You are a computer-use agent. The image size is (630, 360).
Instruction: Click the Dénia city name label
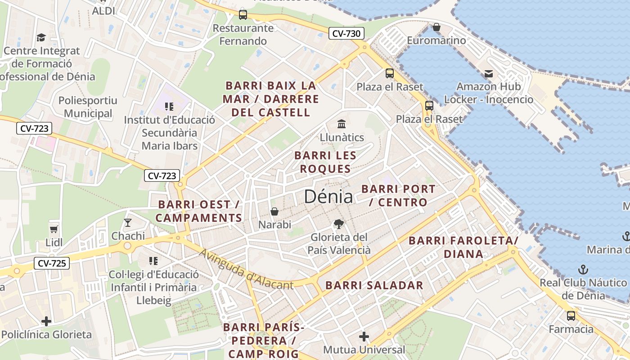[x=328, y=197]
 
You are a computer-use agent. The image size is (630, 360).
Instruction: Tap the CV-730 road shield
[x=346, y=33]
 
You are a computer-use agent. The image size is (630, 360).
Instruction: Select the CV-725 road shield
[x=52, y=263]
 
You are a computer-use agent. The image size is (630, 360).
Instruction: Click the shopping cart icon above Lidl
[x=54, y=229]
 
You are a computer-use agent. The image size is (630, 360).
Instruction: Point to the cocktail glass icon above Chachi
[x=128, y=222]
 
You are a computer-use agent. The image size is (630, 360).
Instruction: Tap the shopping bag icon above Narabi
[x=274, y=211]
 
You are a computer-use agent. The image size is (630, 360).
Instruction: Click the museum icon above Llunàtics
[x=342, y=124]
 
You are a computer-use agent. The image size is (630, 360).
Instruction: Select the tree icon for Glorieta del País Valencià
[x=338, y=224]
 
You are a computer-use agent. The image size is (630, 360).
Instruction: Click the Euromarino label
[x=436, y=40]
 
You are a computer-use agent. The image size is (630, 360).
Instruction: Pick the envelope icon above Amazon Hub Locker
[x=489, y=74]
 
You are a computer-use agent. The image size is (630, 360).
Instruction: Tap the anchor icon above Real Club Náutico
[x=583, y=270]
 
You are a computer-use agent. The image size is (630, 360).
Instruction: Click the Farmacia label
[x=571, y=329]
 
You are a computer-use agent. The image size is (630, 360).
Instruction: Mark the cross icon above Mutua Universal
[x=364, y=336]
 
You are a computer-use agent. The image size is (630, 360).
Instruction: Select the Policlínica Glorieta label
[x=46, y=334]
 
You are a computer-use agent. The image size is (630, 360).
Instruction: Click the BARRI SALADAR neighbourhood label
[x=374, y=285]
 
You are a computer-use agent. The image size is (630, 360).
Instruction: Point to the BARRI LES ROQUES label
[x=325, y=162]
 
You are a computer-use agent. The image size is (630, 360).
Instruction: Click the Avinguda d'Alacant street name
[x=247, y=270]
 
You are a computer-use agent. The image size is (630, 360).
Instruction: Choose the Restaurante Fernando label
[x=243, y=34]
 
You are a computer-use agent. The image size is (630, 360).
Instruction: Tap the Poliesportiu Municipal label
[x=88, y=107]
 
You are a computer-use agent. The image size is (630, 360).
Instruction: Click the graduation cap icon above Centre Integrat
[x=41, y=37]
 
